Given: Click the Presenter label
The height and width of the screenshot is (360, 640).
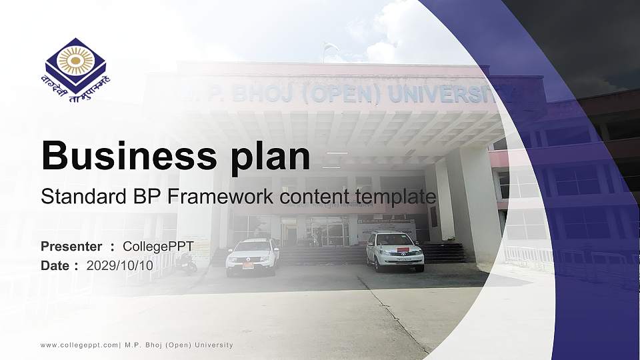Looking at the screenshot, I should [x=71, y=247].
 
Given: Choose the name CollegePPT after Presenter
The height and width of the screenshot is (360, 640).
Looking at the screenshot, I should [x=158, y=247].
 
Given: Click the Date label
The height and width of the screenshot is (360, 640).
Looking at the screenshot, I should [x=55, y=265].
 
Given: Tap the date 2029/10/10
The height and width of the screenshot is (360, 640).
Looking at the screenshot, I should [x=119, y=265].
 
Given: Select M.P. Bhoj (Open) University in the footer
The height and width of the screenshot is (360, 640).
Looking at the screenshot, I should [x=179, y=345].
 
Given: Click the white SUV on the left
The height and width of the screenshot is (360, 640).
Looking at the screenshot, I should [x=252, y=256].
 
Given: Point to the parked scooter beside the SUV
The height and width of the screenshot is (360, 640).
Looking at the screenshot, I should [x=186, y=264].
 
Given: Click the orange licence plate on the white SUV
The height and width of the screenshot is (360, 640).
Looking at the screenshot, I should [x=248, y=265].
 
